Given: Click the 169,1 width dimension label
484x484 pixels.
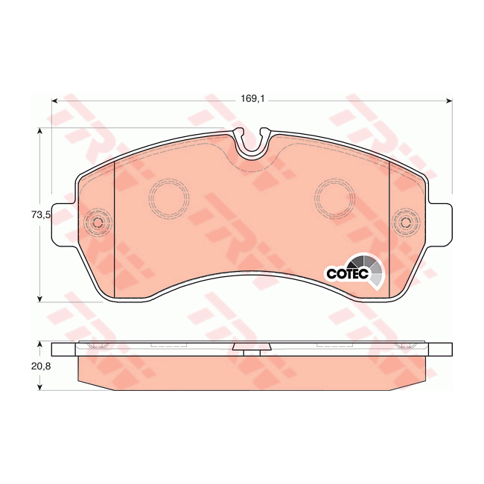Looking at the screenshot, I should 249,96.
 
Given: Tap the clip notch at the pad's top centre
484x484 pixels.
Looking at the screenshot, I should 252,141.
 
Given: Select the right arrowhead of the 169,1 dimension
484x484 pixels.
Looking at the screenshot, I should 449,101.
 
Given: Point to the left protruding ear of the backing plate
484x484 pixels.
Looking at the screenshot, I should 64,223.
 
